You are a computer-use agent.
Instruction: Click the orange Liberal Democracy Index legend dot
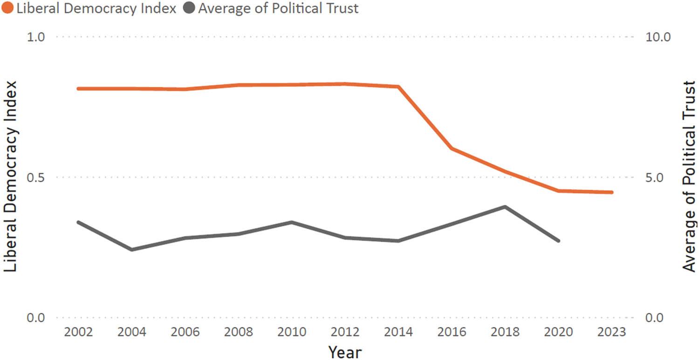click(x=8, y=8)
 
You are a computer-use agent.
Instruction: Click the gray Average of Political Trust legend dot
click(x=189, y=8)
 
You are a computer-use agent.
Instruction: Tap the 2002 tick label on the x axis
click(x=78, y=333)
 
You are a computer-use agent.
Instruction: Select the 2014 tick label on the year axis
click(x=398, y=333)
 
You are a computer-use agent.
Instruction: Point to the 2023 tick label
click(x=612, y=333)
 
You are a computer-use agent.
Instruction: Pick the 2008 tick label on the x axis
click(x=238, y=333)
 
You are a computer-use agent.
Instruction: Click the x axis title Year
click(x=345, y=352)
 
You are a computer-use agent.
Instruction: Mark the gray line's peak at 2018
click(x=505, y=206)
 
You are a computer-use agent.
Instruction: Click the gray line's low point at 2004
click(x=132, y=250)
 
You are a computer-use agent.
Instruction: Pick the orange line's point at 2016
click(x=452, y=149)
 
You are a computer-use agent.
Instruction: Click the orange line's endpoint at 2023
click(x=612, y=192)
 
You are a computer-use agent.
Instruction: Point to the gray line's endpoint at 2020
click(x=558, y=241)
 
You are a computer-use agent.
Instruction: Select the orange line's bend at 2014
click(x=399, y=87)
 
